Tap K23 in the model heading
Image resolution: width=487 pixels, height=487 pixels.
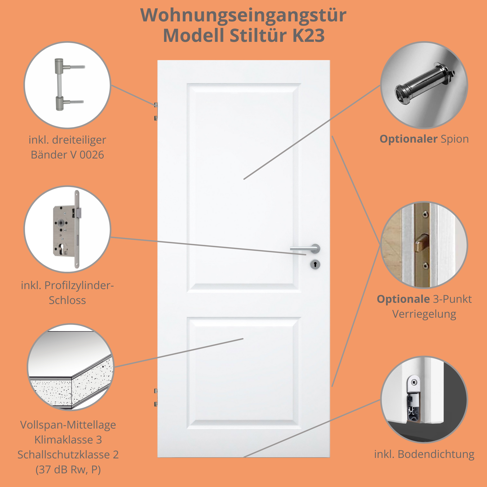[x=309, y=36]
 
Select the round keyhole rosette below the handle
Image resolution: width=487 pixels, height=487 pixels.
[x=315, y=264]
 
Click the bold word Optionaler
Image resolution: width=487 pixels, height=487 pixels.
[x=408, y=139]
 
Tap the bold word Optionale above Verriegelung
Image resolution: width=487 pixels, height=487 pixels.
[x=403, y=299]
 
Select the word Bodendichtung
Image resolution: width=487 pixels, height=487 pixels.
[x=436, y=454]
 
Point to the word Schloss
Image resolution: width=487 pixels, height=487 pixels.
[x=67, y=300]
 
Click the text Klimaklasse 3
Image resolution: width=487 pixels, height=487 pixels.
[x=68, y=440]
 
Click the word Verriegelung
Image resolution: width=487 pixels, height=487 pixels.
[x=424, y=314]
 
